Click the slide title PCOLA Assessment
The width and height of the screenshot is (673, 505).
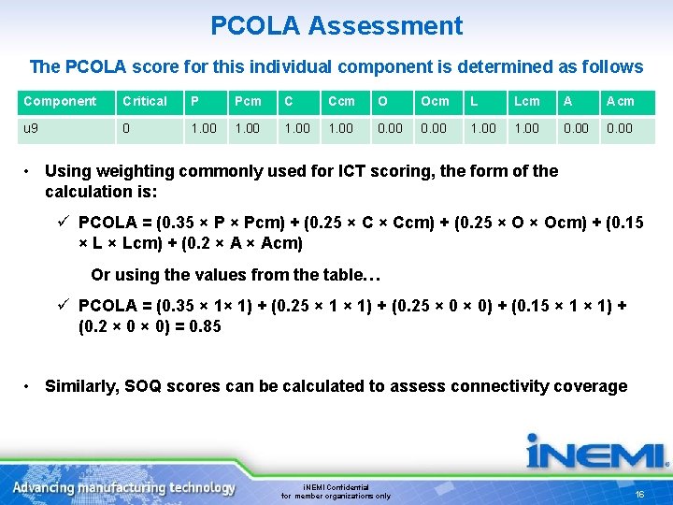336,25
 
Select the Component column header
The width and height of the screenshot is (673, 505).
60,101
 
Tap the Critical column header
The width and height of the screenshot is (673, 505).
145,101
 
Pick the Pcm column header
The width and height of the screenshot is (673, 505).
249,101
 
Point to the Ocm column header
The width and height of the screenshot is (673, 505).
435,101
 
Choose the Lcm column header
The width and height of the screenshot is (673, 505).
527,101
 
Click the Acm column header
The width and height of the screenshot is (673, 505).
620,101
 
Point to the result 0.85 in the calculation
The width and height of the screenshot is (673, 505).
205,326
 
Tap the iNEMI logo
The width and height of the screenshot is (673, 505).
595,454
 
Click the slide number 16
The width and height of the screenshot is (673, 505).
640,493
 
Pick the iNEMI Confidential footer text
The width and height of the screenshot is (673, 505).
336,487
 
